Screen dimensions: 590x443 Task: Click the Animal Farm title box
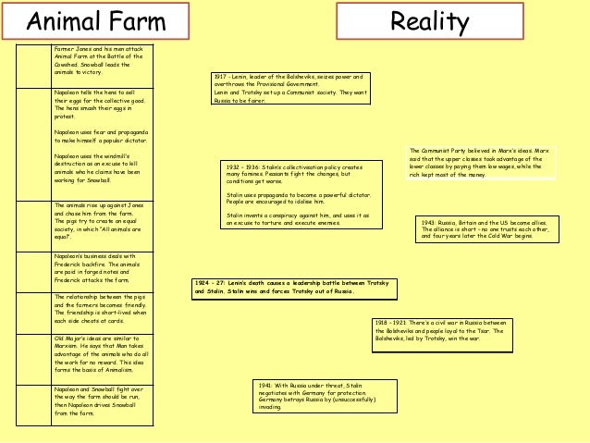click(x=94, y=20)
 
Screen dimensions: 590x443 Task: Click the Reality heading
click(x=429, y=21)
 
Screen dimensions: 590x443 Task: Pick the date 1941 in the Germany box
click(x=266, y=385)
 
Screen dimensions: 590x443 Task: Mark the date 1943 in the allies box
click(x=429, y=223)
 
